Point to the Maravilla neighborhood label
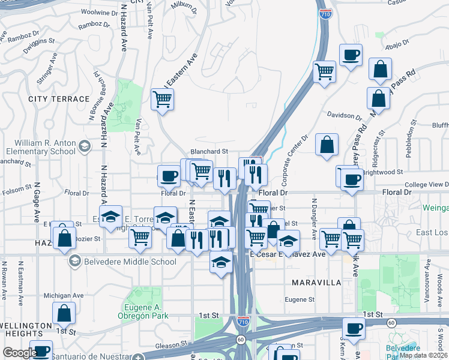316,282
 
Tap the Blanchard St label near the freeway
209,152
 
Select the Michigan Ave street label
64,296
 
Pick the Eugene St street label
300,299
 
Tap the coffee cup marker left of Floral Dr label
168,176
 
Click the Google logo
19,353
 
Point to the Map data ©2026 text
424,355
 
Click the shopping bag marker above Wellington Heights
64,313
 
